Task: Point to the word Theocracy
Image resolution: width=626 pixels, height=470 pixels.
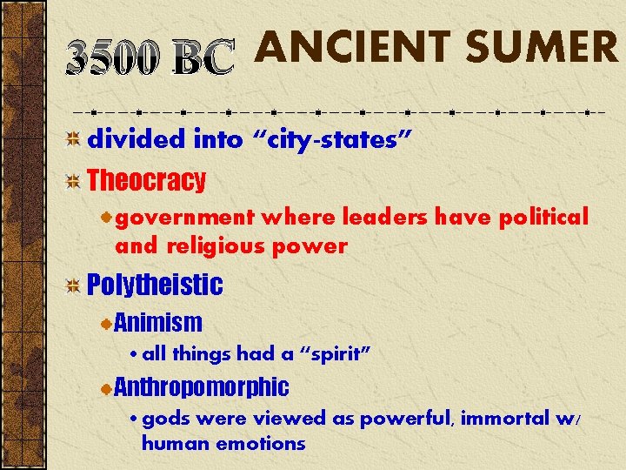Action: click(147, 181)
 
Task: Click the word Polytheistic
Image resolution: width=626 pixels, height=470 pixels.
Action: click(155, 285)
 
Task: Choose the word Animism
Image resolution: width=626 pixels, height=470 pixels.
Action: click(158, 323)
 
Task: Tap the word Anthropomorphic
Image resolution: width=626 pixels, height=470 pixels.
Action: click(201, 386)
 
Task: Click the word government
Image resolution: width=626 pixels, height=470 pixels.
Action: click(184, 216)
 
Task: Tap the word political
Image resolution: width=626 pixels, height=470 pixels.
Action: click(543, 216)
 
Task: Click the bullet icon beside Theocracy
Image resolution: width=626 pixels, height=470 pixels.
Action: click(74, 182)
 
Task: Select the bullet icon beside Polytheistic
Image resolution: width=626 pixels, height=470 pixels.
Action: click(74, 285)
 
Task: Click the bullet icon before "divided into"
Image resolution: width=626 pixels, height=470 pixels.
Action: click(74, 139)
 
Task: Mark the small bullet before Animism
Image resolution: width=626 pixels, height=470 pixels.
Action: click(106, 324)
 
